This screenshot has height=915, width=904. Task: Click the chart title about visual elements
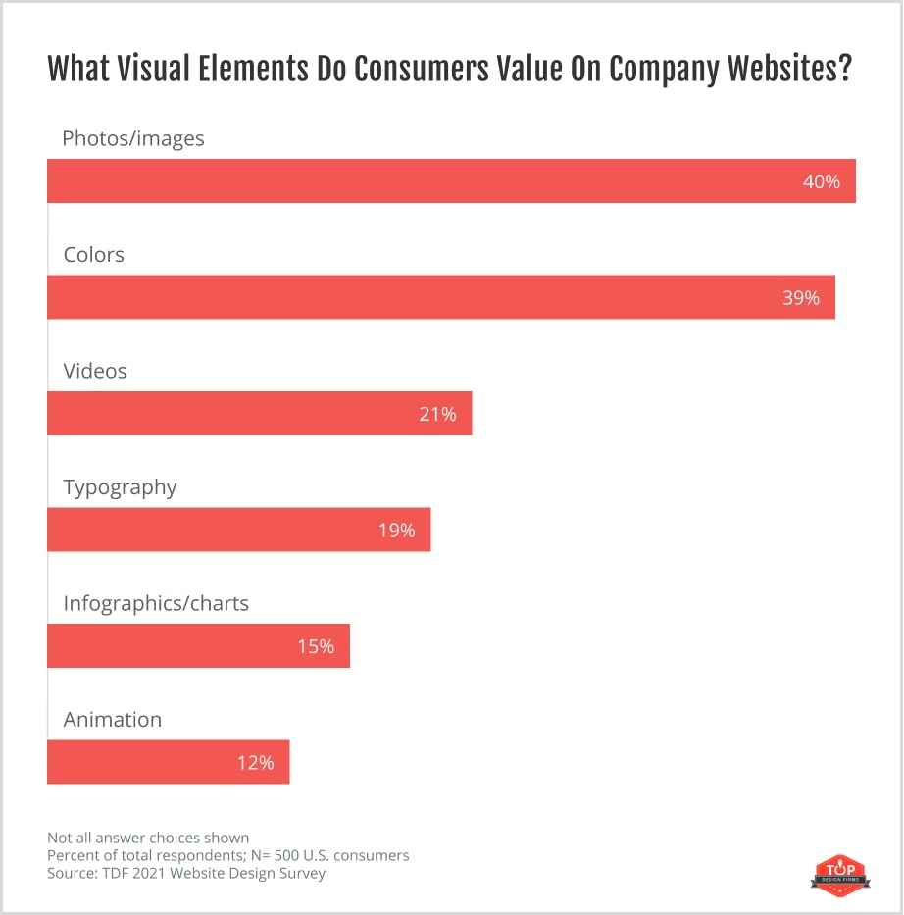point(449,70)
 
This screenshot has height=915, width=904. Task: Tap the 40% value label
point(822,181)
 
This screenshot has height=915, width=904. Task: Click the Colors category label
point(94,255)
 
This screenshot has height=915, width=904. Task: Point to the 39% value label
point(801,297)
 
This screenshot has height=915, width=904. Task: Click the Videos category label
point(95,371)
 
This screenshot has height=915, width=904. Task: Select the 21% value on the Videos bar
point(437,414)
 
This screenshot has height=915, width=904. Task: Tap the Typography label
point(120,487)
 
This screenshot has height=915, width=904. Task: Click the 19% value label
point(397,531)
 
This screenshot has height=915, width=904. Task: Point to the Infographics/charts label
point(156,603)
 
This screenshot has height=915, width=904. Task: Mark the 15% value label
point(316,646)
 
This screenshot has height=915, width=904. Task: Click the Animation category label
point(113,720)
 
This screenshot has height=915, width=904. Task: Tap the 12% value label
point(255,762)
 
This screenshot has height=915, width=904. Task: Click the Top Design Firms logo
point(834,872)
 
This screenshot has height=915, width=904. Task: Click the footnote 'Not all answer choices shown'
point(148,838)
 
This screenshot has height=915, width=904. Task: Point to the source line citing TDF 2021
point(186,873)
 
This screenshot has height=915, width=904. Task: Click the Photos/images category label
point(133,138)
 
